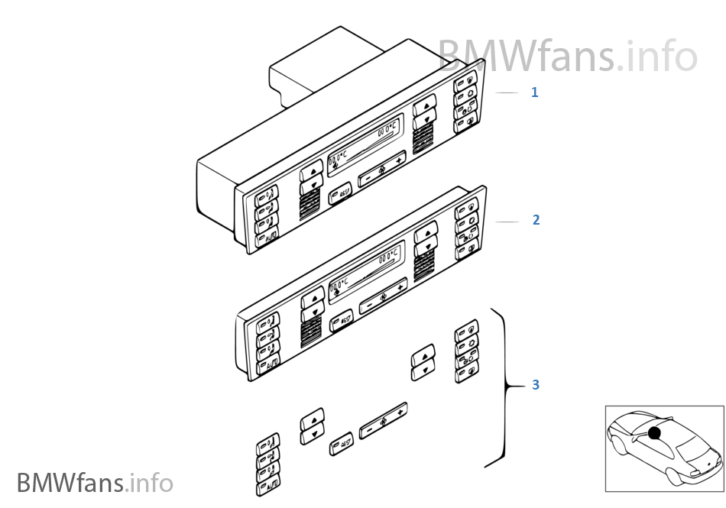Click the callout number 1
click(535, 92)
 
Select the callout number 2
click(536, 220)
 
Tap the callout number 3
click(536, 385)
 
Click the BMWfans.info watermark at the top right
click(567, 54)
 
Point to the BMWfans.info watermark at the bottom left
click(95, 483)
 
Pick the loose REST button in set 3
click(342, 443)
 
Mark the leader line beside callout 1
click(507, 92)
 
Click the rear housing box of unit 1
click(306, 69)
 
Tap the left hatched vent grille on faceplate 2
click(310, 332)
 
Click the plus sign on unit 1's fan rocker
click(399, 161)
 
